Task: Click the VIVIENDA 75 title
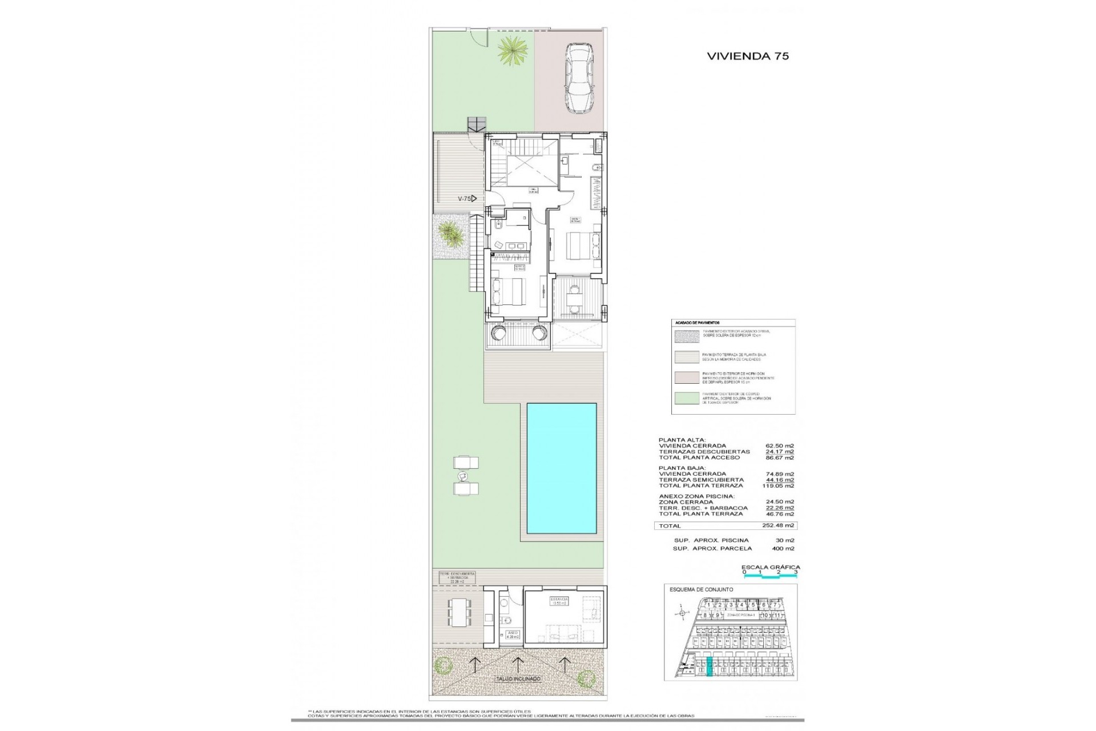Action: [x=748, y=56]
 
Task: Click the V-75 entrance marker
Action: [x=467, y=199]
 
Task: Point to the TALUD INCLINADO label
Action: [x=517, y=679]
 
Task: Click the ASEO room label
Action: [x=513, y=634]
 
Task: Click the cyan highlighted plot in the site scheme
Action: [x=710, y=667]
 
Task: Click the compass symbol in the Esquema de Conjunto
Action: [x=681, y=613]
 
